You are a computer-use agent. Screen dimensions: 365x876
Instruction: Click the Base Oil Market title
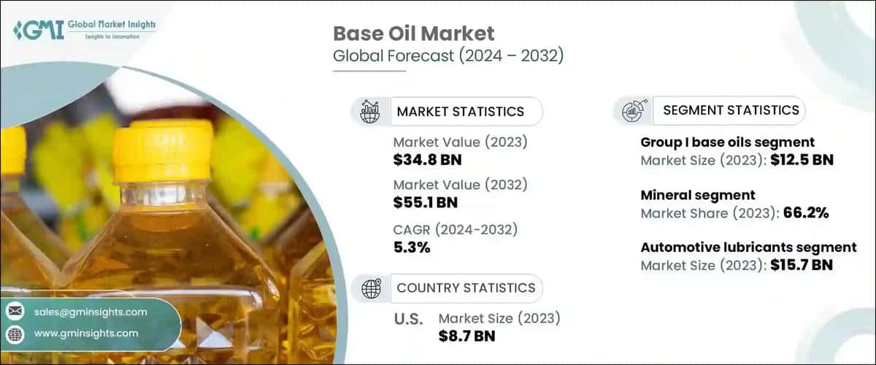pyautogui.click(x=414, y=34)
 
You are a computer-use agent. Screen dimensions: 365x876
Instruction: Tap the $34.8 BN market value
pyautogui.click(x=427, y=158)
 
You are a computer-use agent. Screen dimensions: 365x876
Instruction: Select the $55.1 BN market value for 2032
pyautogui.click(x=427, y=202)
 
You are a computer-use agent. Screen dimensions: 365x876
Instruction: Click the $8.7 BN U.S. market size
pyautogui.click(x=467, y=336)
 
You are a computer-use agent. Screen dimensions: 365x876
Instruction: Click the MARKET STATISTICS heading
pyautogui.click(x=460, y=112)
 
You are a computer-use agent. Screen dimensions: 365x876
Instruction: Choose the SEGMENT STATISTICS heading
pyautogui.click(x=731, y=110)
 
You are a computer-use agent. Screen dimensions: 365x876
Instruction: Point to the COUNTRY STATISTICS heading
pyautogui.click(x=465, y=288)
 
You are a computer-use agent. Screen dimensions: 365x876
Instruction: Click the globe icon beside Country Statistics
pyautogui.click(x=372, y=288)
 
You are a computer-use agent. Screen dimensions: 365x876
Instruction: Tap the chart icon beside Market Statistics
pyautogui.click(x=370, y=112)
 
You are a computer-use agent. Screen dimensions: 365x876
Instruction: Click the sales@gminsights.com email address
pyautogui.click(x=91, y=312)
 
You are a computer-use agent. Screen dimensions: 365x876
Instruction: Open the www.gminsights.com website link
pyautogui.click(x=86, y=333)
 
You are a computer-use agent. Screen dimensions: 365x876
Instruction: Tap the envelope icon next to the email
pyautogui.click(x=15, y=312)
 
